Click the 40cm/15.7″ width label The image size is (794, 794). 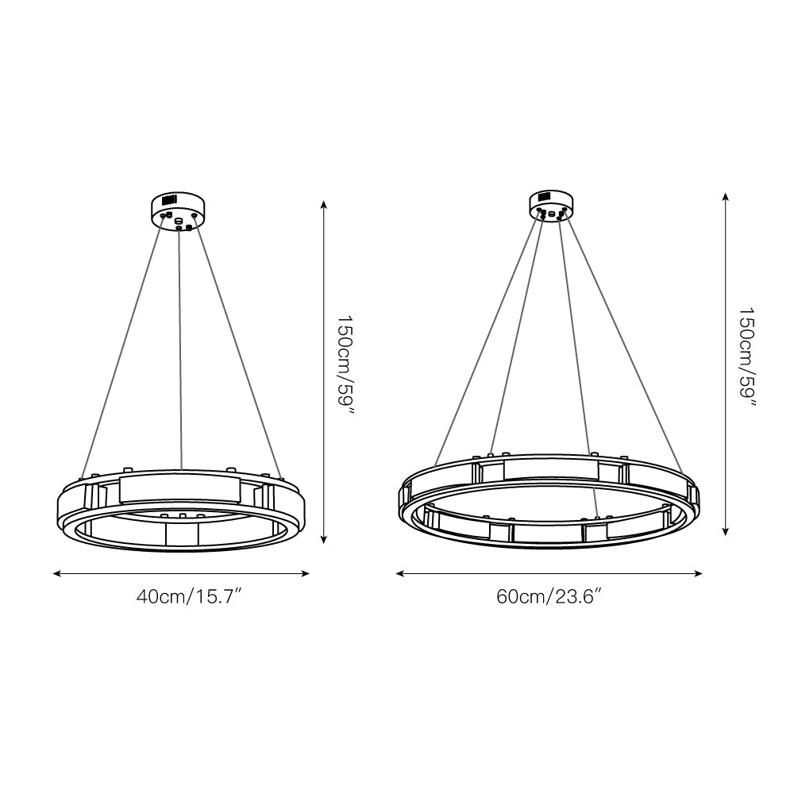point(188,597)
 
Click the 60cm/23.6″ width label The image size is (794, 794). point(549,597)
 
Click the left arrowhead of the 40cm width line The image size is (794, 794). point(56,572)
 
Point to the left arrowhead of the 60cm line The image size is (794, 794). point(400,572)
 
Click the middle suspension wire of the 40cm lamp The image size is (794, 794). point(181,349)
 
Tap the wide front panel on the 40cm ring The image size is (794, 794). point(179,489)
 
